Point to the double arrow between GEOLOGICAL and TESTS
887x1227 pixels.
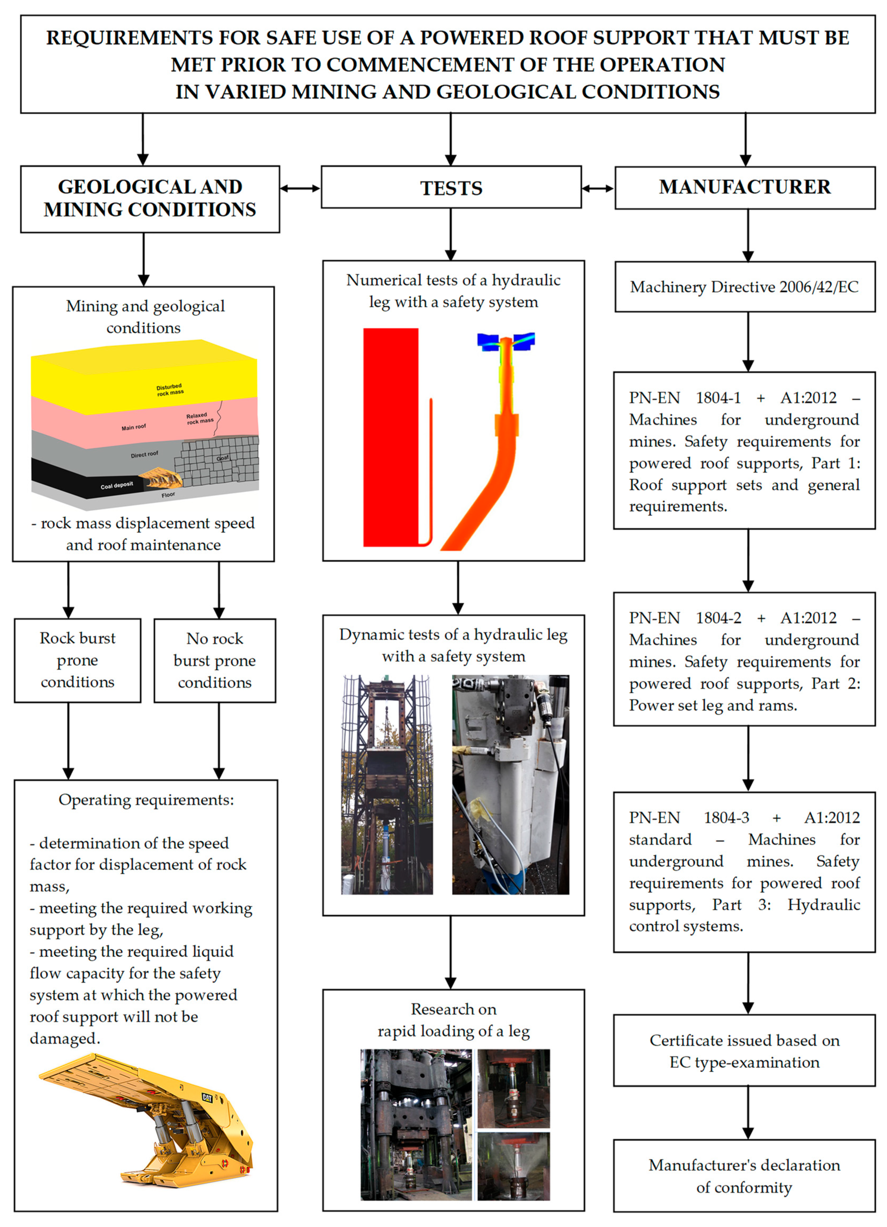point(300,188)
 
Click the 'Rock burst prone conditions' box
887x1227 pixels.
point(77,660)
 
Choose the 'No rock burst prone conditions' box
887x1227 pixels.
point(215,660)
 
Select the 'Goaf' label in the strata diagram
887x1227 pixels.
point(222,458)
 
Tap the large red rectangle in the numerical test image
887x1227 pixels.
point(391,437)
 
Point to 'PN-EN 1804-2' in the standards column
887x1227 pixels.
point(685,618)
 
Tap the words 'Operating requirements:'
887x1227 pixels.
point(146,800)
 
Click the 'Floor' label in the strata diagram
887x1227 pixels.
point(168,494)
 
